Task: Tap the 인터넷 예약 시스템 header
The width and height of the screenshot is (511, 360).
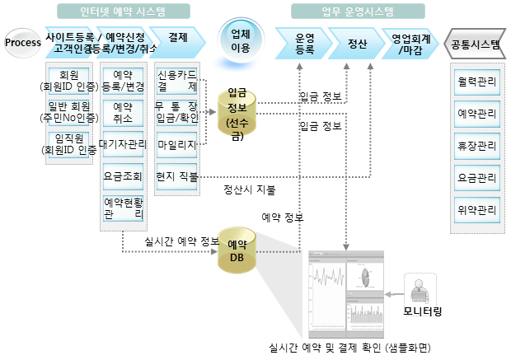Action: [124, 12]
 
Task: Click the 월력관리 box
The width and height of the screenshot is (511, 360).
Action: [476, 83]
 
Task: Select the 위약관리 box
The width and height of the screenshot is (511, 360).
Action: [476, 209]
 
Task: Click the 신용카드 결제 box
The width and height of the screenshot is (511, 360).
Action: [176, 81]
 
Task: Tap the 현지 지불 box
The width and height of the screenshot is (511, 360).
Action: [176, 175]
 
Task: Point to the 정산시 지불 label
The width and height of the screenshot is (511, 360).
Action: [250, 189]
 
